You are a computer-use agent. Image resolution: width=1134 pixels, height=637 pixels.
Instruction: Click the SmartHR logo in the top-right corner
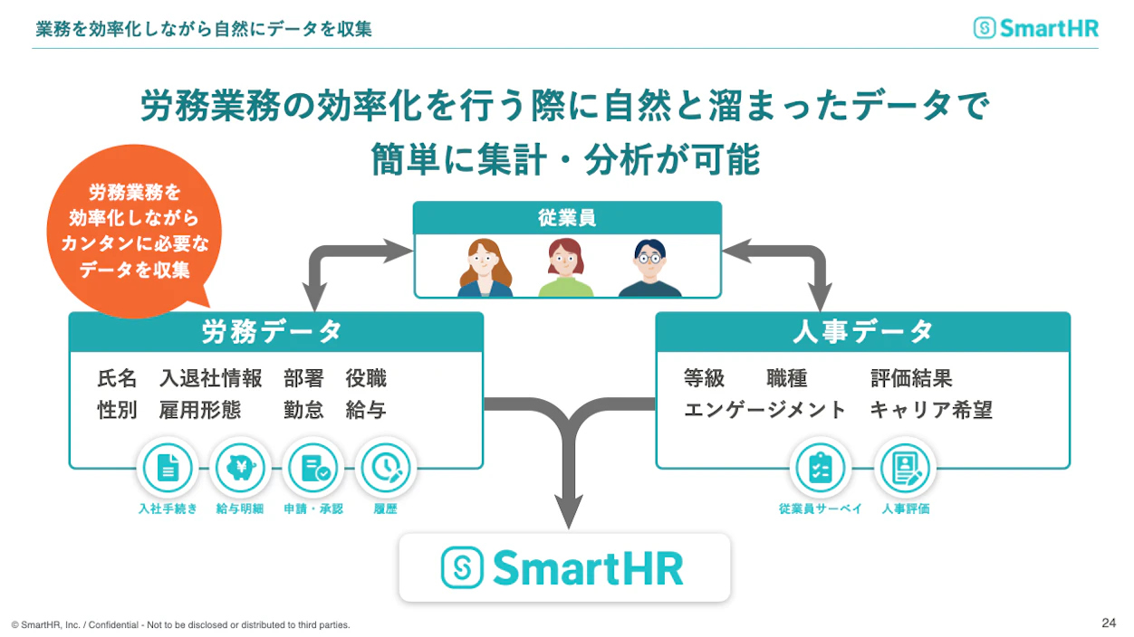1036,28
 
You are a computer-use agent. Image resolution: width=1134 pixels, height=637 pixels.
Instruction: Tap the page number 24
1108,623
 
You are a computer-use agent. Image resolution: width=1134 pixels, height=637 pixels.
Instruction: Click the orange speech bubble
134,231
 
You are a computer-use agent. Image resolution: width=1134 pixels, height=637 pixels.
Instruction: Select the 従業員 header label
567,218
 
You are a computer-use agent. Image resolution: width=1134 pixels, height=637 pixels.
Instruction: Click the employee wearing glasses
650,268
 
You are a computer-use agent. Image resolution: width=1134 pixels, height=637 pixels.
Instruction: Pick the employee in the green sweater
565,268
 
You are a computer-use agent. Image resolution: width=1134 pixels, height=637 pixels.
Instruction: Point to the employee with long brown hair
485,268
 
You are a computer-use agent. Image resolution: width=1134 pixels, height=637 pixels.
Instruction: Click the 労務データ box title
272,332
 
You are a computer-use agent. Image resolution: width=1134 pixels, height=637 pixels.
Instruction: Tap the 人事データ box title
862,332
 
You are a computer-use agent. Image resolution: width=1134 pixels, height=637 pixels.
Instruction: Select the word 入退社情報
211,378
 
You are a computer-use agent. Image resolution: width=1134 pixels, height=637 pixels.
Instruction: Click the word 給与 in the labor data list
366,410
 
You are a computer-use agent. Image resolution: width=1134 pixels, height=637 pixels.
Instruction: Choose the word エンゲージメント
764,410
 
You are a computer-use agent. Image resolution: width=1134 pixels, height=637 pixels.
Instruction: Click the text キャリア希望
931,410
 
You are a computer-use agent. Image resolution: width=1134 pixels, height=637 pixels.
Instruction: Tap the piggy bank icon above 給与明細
240,468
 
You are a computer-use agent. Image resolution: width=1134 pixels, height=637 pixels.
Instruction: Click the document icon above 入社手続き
168,468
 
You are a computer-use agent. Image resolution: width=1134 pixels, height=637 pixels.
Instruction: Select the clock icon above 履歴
385,468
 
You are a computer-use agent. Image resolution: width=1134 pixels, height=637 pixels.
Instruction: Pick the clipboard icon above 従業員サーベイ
820,468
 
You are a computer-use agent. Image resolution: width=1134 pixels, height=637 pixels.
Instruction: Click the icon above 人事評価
905,468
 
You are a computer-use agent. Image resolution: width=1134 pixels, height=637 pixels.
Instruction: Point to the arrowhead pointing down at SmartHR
569,511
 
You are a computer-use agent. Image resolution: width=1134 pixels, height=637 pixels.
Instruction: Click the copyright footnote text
181,625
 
